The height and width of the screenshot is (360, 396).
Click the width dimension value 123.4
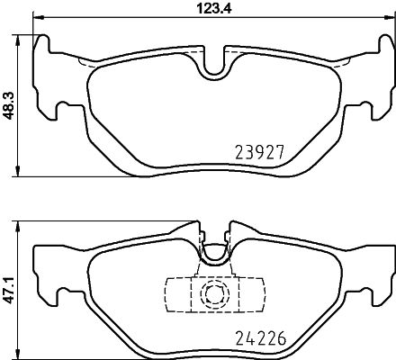pos(214,8)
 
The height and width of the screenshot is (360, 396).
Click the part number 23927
pos(260,152)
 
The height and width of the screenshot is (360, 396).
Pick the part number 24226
pos(261,339)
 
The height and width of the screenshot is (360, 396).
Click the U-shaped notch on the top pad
pos(214,68)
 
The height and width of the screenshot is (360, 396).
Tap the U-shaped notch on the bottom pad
pos(214,255)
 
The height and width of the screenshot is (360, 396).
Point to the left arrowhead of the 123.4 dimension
pos(39,18)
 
